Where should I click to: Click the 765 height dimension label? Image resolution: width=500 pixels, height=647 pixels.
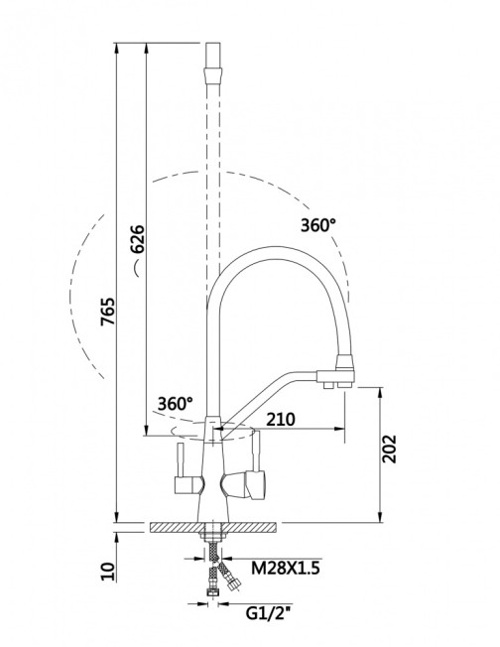[x=108, y=312]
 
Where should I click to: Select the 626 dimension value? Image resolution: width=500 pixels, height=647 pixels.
[x=137, y=239]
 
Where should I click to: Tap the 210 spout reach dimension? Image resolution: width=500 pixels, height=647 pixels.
[x=281, y=419]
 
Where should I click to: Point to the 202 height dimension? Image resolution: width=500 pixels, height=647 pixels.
[x=389, y=449]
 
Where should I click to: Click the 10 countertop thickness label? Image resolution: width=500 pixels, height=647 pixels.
[x=108, y=572]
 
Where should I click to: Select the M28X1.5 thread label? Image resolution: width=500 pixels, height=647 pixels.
[x=286, y=569]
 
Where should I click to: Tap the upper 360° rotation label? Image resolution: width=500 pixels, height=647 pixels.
[x=318, y=225]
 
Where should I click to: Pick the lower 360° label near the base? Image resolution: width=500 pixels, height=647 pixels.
[x=176, y=404]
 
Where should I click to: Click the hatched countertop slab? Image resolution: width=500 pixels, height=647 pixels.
[x=213, y=527]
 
